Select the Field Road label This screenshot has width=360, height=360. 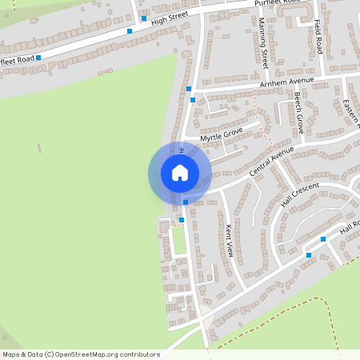[x=318, y=38]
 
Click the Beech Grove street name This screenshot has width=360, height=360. [x=298, y=112]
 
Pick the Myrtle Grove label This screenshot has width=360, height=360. [x=221, y=134]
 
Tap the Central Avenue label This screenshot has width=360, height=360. [x=271, y=160]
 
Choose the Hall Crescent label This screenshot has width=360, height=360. [x=299, y=194]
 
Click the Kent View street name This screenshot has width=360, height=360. [x=230, y=239]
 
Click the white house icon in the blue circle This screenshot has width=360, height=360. [x=180, y=173]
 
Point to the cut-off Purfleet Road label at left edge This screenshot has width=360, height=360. [x=17, y=58]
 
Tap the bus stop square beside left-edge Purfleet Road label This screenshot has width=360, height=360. [x=38, y=58]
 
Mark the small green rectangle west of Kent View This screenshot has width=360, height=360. [x=179, y=240]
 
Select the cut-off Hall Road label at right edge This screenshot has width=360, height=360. [x=349, y=229]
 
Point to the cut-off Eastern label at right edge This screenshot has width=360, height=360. [x=351, y=113]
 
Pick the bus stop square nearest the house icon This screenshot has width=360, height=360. [x=186, y=202]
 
